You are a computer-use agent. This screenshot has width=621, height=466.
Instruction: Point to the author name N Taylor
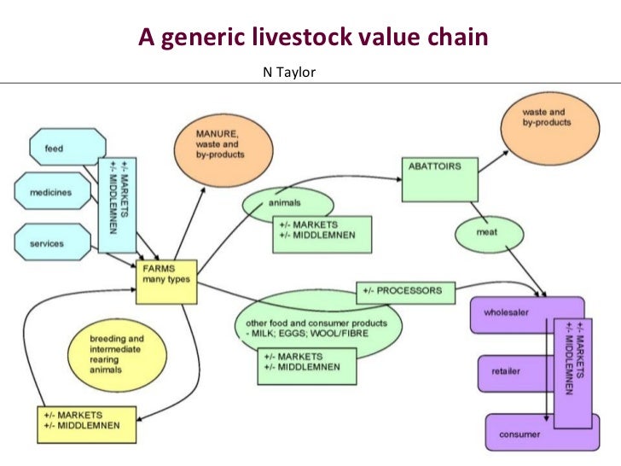pyautogui.click(x=288, y=73)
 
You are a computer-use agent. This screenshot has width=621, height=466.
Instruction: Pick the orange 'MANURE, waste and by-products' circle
pyautogui.click(x=220, y=149)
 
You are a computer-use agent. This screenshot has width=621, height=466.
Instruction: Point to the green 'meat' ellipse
pyautogui.click(x=488, y=231)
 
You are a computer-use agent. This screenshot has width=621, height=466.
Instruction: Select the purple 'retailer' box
pyautogui.click(x=508, y=372)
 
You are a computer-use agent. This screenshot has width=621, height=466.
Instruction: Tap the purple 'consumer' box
pyautogui.click(x=520, y=435)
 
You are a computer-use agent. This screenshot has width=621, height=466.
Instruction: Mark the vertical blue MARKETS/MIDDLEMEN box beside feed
pyautogui.click(x=119, y=203)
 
